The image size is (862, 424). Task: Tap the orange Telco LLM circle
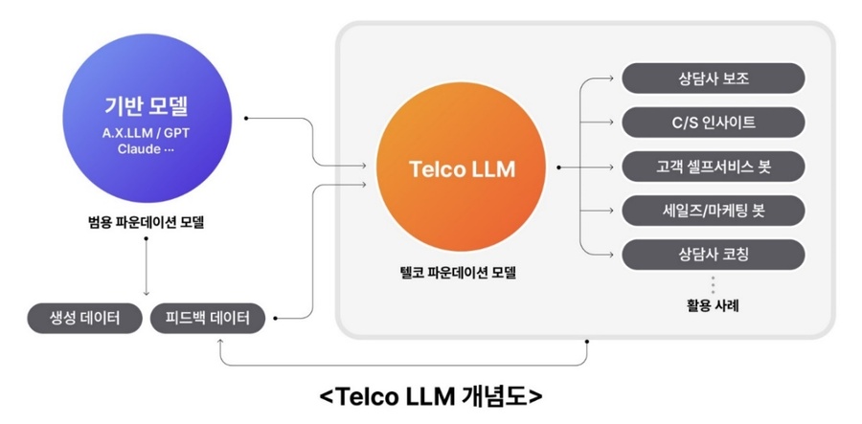(x=462, y=169)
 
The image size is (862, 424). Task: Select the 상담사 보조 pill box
(x=713, y=78)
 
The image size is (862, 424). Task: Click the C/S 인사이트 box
(x=713, y=123)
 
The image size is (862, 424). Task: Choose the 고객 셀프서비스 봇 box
(x=713, y=167)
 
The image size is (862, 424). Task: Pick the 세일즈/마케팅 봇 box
(x=713, y=211)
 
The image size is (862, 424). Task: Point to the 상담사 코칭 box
(x=713, y=255)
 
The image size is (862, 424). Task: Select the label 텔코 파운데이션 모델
(x=462, y=272)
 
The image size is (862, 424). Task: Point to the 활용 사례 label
(x=713, y=307)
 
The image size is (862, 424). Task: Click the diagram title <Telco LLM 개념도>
(x=430, y=396)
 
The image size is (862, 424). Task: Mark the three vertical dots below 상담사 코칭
(x=713, y=283)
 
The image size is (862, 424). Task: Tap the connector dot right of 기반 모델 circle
(x=247, y=119)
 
